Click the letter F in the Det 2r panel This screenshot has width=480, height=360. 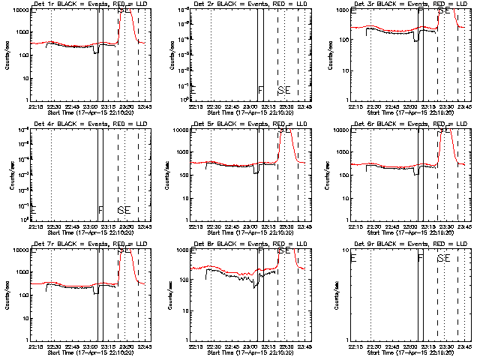260,91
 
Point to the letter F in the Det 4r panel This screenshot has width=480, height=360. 100,211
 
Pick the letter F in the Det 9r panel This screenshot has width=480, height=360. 421,259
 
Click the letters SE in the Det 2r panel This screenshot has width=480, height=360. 283,91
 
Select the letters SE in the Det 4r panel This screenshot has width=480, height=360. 124,211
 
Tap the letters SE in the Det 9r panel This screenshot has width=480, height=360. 444,259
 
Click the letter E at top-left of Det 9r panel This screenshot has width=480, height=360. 353,259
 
